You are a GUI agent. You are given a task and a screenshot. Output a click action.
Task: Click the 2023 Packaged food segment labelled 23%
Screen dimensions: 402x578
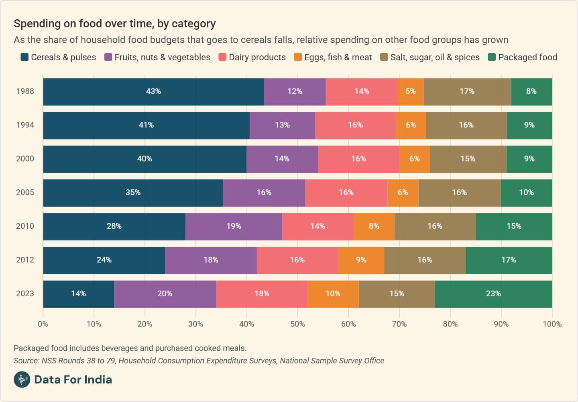493,294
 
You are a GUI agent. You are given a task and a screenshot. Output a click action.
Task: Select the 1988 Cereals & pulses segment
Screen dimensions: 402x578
153,92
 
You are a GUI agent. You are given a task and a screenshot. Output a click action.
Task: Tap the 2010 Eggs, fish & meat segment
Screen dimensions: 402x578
374,226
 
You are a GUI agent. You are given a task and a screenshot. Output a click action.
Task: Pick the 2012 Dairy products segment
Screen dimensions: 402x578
297,260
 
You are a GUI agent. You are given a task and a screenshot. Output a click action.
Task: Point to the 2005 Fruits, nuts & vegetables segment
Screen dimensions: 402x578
264,193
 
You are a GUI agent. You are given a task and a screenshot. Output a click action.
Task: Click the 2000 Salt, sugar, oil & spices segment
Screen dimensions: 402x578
468,159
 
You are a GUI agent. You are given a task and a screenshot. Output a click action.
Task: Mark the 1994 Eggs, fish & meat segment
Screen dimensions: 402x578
411,125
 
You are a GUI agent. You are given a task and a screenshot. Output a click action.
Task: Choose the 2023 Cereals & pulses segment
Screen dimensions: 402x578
78,294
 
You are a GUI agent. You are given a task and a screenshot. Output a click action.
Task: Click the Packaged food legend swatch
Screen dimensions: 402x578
492,57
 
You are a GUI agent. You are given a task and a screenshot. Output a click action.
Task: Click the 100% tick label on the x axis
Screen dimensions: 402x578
552,324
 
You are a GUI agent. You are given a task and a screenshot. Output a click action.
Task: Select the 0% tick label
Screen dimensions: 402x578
43,324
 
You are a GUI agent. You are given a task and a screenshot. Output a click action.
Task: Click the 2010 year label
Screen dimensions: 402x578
25,226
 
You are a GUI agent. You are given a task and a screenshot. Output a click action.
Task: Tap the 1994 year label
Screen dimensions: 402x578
25,125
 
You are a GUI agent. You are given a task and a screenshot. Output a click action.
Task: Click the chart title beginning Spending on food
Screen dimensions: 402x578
115,24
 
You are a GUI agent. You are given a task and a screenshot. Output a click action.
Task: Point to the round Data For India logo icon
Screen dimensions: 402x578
22,379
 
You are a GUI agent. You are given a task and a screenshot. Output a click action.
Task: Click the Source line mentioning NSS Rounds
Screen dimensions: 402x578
199,361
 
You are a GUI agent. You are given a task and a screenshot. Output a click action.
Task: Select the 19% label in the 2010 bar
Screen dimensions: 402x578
234,226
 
